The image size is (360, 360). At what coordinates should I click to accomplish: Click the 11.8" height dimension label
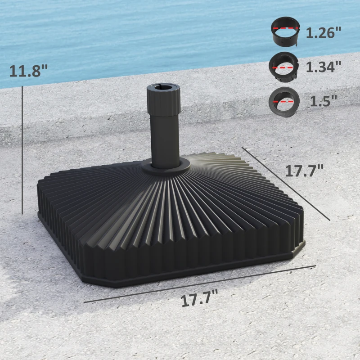coord(28,71)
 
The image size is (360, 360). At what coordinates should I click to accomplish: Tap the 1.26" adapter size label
coord(324,33)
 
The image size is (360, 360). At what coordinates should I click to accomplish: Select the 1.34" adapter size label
coord(324,67)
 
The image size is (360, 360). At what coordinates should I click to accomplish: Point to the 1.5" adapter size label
coord(323,100)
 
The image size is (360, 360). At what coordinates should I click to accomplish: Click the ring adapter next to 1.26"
coord(285,33)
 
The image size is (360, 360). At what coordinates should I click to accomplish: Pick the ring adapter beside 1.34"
coord(283,66)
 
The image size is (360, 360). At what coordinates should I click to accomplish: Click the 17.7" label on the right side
coord(304,171)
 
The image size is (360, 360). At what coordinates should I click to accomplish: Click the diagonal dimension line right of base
coord(286,183)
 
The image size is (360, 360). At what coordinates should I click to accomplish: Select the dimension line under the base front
coord(198,284)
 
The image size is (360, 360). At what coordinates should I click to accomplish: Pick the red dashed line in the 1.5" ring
coord(283,102)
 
